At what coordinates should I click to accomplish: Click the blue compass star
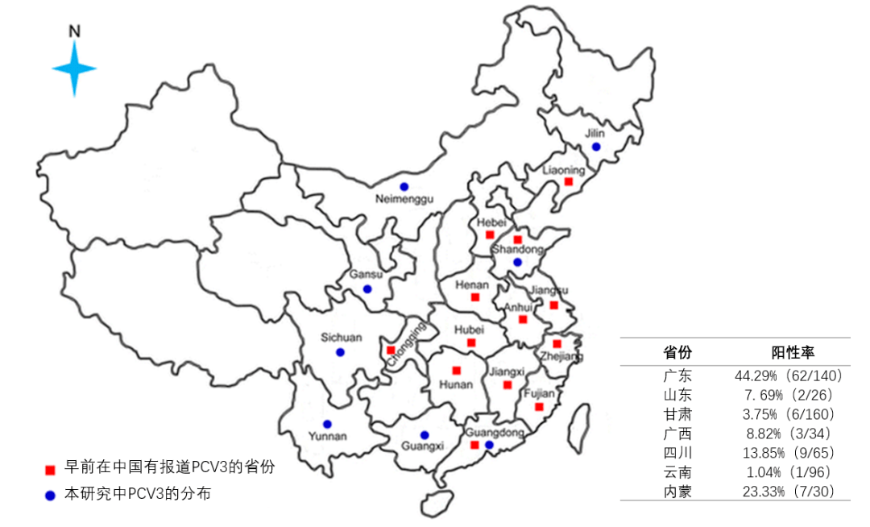pyautogui.click(x=74, y=69)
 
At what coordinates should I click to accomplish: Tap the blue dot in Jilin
pyautogui.click(x=595, y=147)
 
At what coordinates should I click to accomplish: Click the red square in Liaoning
pyautogui.click(x=568, y=182)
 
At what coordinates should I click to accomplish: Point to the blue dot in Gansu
pyautogui.click(x=367, y=288)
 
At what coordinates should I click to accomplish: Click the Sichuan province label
pyautogui.click(x=342, y=338)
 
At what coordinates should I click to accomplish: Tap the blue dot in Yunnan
pyautogui.click(x=327, y=424)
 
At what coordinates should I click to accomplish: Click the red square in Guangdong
pyautogui.click(x=474, y=445)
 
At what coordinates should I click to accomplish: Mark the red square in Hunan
pyautogui.click(x=456, y=371)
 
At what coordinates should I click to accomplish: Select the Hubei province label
pyautogui.click(x=470, y=330)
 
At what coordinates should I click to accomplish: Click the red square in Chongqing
pyautogui.click(x=391, y=351)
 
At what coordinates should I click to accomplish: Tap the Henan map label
pyautogui.click(x=472, y=284)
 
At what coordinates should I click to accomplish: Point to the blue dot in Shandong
pyautogui.click(x=517, y=262)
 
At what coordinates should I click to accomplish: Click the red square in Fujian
pyautogui.click(x=539, y=407)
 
